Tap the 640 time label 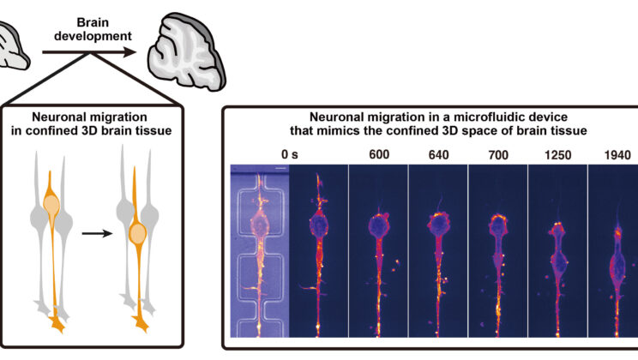438,155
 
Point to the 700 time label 497,155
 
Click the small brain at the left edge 13,48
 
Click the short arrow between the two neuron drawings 104,232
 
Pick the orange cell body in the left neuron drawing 52,206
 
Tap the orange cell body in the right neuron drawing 138,232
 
